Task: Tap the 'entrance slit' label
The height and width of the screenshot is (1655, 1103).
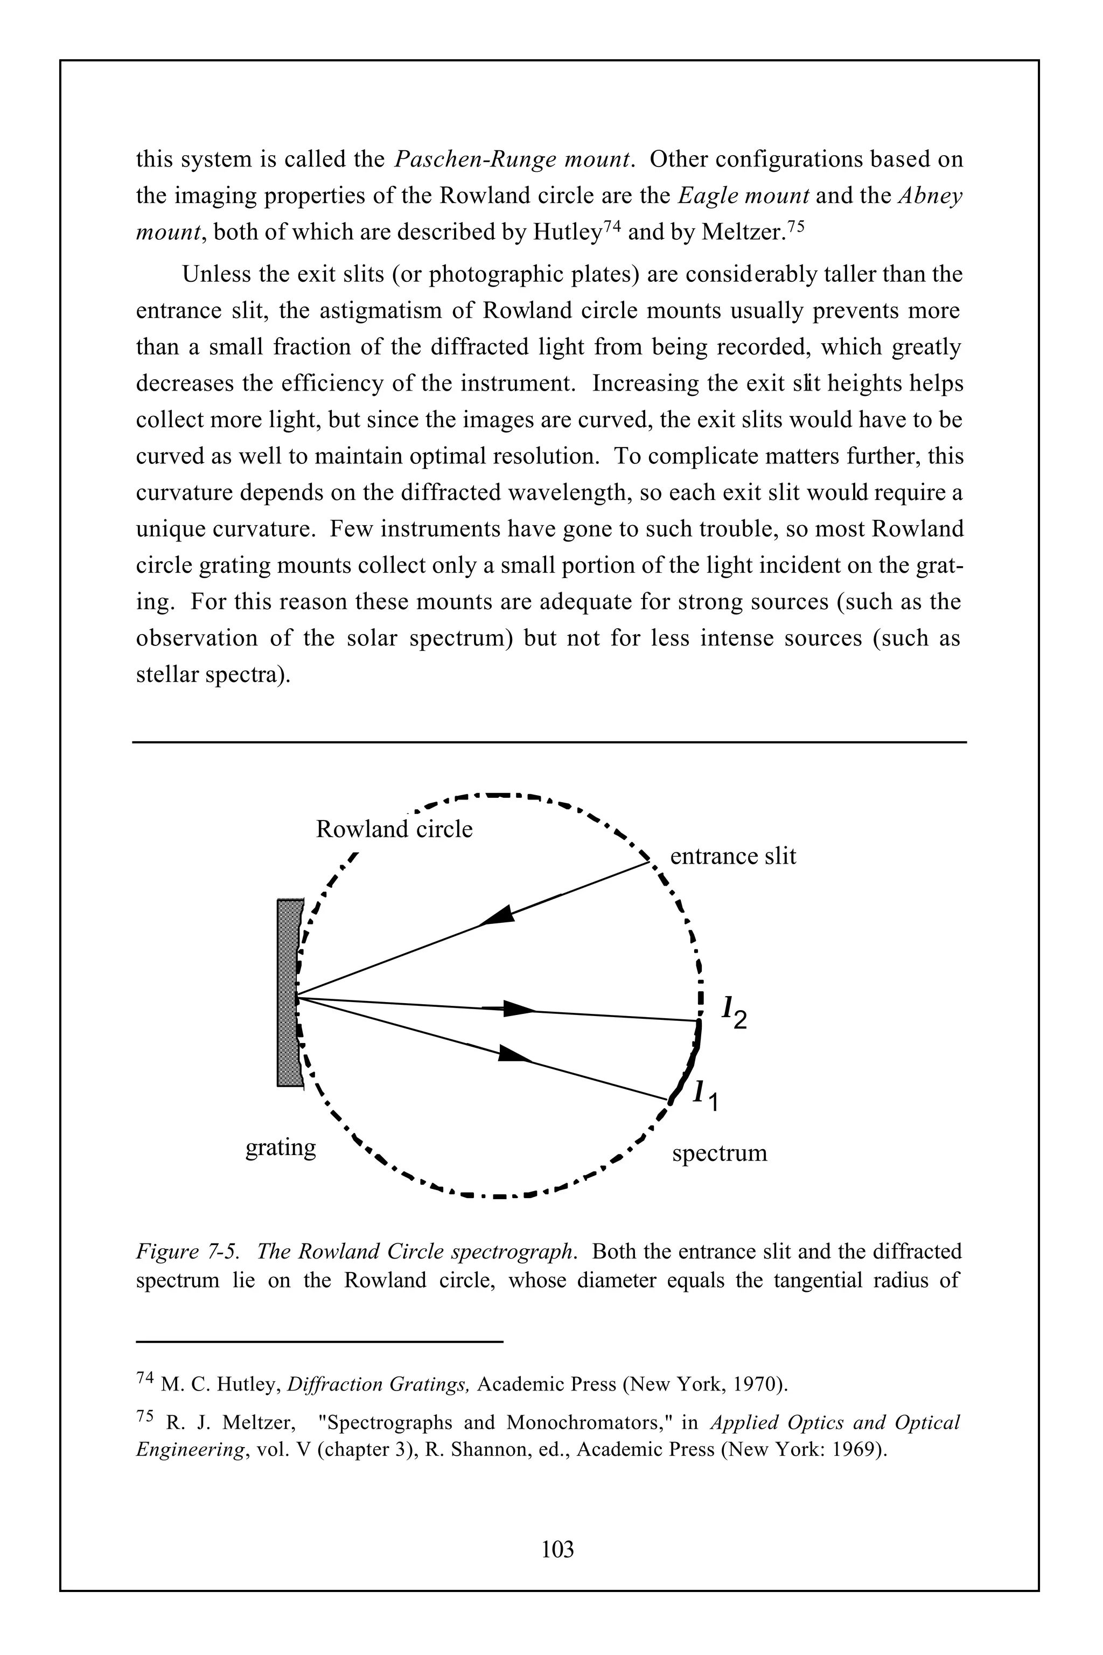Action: [x=732, y=857]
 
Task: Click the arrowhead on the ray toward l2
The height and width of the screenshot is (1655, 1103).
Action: [x=519, y=1009]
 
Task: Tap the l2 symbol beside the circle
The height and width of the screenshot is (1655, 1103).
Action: [x=735, y=1013]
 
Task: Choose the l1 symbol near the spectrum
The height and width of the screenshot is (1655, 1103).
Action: [x=706, y=1094]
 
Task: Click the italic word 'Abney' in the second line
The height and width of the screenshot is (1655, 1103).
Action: [x=930, y=196]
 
